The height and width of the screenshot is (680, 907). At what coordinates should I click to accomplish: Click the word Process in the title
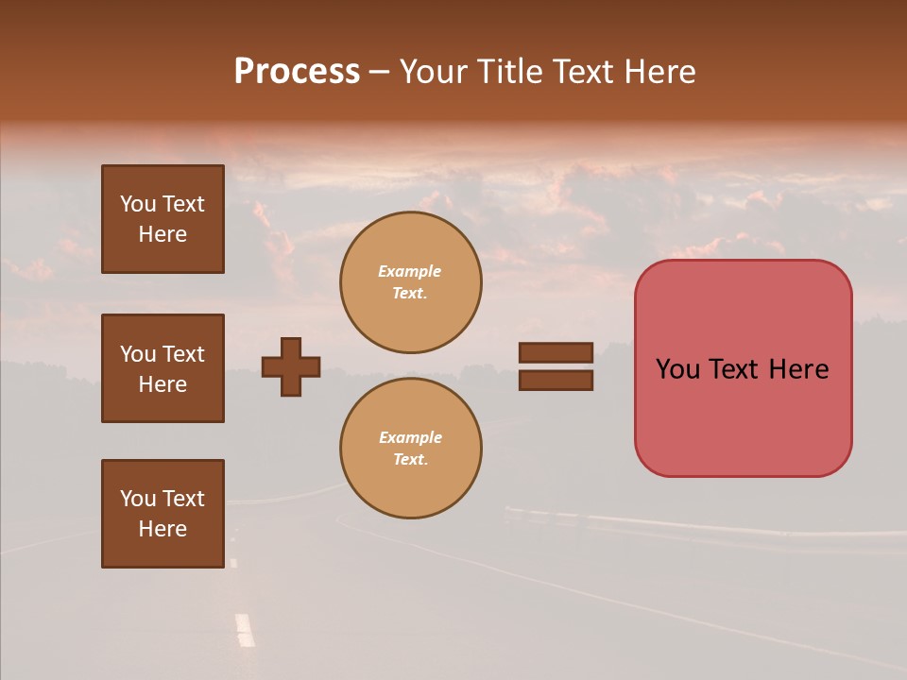[x=297, y=72]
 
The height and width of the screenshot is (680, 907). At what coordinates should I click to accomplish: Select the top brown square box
[x=163, y=219]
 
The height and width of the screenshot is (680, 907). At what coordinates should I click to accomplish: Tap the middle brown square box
[x=163, y=368]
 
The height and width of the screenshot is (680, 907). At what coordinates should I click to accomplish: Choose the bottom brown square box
[x=163, y=514]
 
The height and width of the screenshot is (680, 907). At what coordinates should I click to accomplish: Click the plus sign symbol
[x=291, y=366]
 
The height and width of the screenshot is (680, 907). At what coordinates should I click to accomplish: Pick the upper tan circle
[x=411, y=282]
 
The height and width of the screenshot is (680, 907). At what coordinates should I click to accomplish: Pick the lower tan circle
[x=411, y=448]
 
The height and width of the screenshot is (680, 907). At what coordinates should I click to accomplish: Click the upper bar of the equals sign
[x=556, y=352]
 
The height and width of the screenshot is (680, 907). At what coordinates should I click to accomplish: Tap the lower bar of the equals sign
[x=556, y=380]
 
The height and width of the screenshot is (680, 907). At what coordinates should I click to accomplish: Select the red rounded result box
[x=743, y=368]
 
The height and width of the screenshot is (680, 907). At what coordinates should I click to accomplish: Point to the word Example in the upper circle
[x=410, y=271]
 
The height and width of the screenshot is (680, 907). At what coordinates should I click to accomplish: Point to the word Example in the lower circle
[x=410, y=437]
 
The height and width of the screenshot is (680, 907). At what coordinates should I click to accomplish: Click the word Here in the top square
[x=163, y=234]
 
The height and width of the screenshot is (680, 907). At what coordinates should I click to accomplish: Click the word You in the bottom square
[x=138, y=499]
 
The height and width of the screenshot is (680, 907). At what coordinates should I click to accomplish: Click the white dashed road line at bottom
[x=245, y=629]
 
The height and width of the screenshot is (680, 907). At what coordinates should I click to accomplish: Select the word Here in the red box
[x=798, y=369]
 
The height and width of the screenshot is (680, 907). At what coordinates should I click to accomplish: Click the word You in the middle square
[x=138, y=354]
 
